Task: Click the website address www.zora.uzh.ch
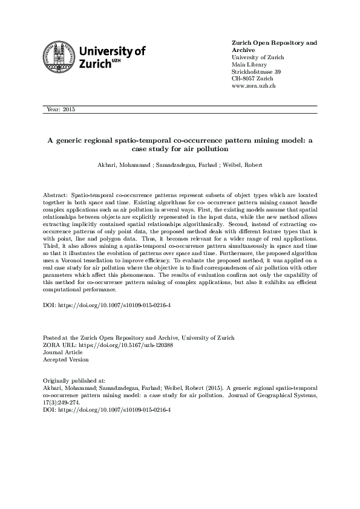pyautogui.click(x=254, y=86)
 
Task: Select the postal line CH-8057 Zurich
pyautogui.click(x=252, y=79)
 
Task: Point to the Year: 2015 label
pyautogui.click(x=60, y=109)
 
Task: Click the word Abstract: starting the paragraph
pyautogui.click(x=56, y=198)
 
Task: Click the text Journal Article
pyautogui.click(x=62, y=352)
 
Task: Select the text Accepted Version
pyautogui.click(x=66, y=359)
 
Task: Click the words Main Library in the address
pyautogui.click(x=249, y=65)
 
